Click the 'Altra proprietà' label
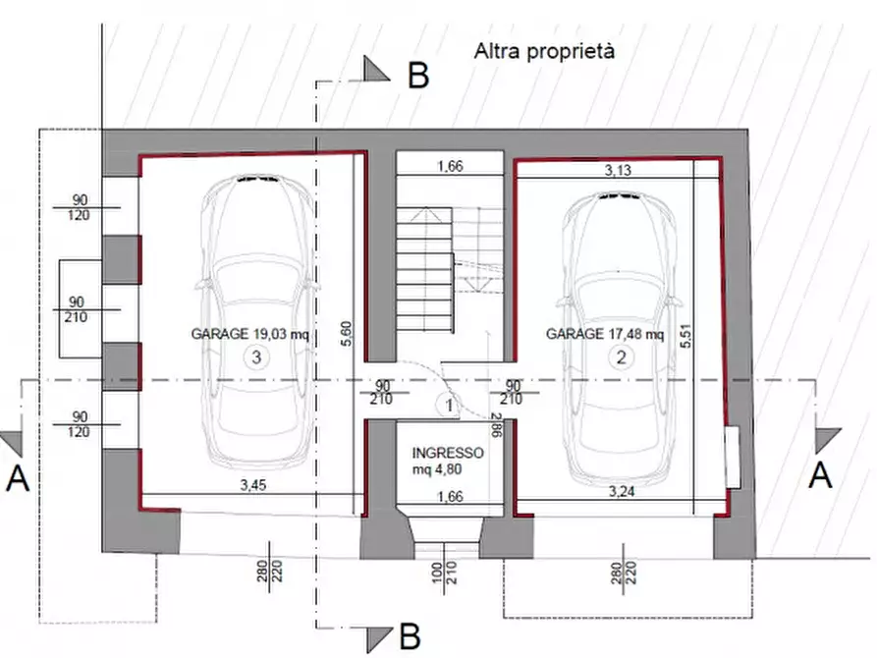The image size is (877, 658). [x=544, y=50]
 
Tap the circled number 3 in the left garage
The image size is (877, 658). [x=255, y=358]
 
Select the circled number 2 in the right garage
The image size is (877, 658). [x=621, y=358]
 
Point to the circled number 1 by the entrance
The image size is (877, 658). [x=448, y=404]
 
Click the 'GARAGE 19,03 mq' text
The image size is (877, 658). [x=250, y=334]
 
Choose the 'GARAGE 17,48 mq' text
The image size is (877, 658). [x=605, y=334]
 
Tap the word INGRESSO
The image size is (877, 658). [x=448, y=453]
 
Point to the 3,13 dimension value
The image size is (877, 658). [x=619, y=170]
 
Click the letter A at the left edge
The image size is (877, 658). [x=17, y=478]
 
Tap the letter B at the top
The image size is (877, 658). [x=418, y=75]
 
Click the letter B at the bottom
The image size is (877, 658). [x=411, y=636]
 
